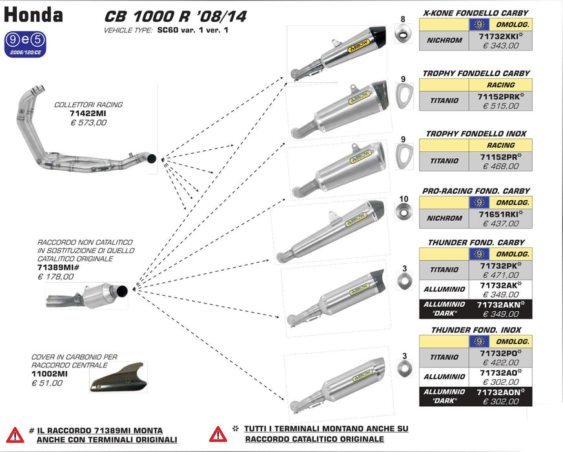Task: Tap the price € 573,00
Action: (88, 121)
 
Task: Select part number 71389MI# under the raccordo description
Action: (57, 267)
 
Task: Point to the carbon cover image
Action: (118, 378)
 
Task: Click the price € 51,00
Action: (47, 383)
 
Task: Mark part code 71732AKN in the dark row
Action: (500, 304)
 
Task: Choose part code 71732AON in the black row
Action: (500, 392)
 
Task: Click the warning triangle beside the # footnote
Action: (15, 434)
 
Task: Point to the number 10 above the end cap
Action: (404, 198)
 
